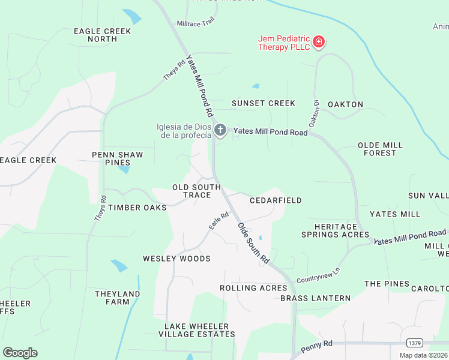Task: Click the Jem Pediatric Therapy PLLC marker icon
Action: click(x=319, y=41)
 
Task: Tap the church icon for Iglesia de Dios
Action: click(x=220, y=130)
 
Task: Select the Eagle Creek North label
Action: click(x=94, y=35)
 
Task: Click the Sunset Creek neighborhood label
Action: click(x=264, y=103)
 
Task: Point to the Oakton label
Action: click(x=345, y=104)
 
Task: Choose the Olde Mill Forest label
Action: click(x=380, y=149)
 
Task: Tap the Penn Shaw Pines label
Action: click(x=118, y=158)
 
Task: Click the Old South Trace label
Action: click(x=191, y=191)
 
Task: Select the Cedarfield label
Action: click(x=276, y=200)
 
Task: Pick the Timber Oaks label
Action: click(x=137, y=207)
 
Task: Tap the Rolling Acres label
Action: click(x=253, y=288)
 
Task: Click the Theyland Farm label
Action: click(x=118, y=298)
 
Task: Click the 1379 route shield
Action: click(x=414, y=343)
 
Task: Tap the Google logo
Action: click(x=20, y=353)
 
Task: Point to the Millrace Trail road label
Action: click(x=195, y=23)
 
